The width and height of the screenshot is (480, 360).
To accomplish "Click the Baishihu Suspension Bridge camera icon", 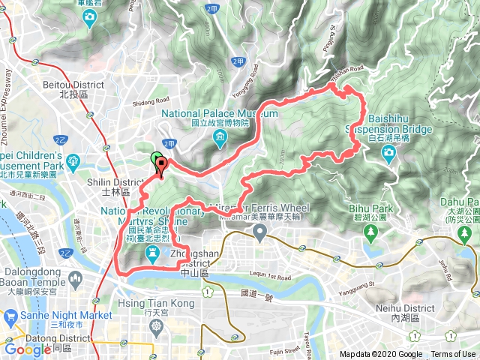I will point(388,154).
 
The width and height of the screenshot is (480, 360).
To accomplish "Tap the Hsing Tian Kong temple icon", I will point(156,327).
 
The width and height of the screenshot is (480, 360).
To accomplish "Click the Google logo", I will point(28,349).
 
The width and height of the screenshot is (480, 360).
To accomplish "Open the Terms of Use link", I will point(452,355).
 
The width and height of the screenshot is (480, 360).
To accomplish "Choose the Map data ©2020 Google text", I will point(380,355).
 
